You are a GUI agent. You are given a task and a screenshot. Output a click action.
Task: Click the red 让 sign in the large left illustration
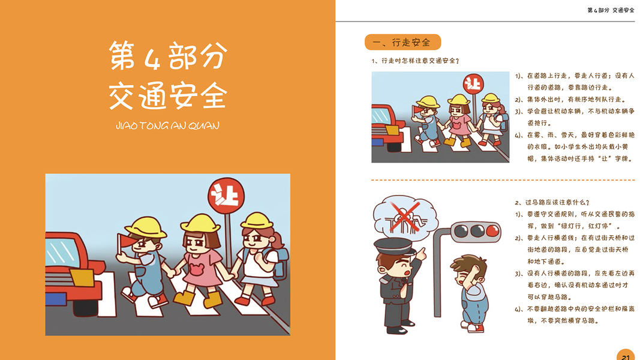(x=226, y=196)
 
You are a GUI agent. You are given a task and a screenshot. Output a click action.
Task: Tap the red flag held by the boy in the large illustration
(x=125, y=241)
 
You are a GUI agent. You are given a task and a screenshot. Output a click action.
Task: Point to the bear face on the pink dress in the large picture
(x=196, y=269)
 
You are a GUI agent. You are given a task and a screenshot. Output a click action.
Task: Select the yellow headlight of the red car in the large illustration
(x=82, y=278)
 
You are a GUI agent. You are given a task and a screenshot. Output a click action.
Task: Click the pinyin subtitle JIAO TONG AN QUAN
(x=167, y=125)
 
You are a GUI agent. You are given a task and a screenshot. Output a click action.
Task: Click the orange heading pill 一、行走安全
(x=402, y=42)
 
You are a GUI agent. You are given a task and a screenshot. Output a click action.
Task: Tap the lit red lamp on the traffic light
(x=492, y=231)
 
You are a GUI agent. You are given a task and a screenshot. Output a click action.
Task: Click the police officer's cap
(x=393, y=246)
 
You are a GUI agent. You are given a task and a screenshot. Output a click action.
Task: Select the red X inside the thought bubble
(x=405, y=216)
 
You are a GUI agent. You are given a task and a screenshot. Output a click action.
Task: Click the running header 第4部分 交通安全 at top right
(x=611, y=10)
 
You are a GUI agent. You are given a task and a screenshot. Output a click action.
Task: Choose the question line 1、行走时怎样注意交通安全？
(x=415, y=61)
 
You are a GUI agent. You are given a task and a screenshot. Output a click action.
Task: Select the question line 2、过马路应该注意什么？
(x=552, y=202)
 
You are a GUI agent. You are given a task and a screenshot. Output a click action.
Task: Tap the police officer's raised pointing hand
(x=421, y=254)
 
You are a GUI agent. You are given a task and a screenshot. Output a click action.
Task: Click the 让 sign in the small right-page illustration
(x=473, y=84)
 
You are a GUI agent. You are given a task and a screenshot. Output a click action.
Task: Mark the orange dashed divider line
(x=503, y=179)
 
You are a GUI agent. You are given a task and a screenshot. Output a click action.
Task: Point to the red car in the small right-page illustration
(x=387, y=128)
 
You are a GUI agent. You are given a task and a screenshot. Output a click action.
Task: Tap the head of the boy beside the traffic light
(x=468, y=270)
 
